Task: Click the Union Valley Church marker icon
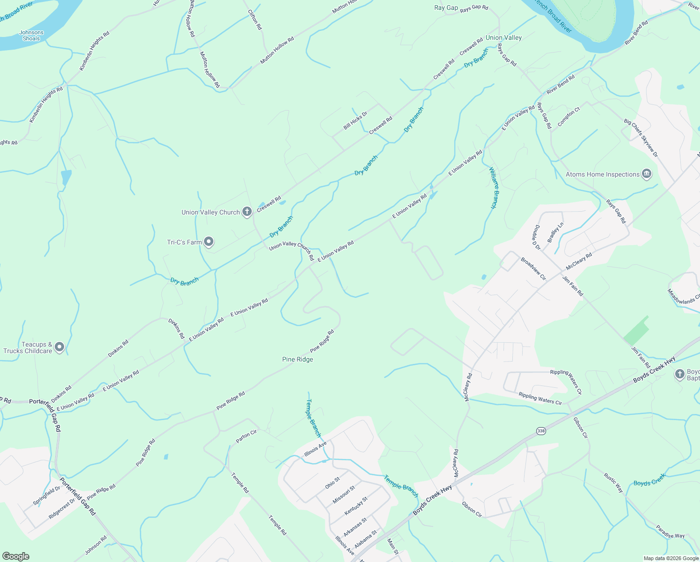[x=247, y=212]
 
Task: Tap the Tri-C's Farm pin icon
[x=209, y=242]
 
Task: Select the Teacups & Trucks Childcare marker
[x=59, y=347]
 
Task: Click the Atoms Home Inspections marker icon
[x=647, y=174]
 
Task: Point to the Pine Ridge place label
[x=298, y=359]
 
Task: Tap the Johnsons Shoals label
[x=31, y=36]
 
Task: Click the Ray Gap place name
[x=446, y=7]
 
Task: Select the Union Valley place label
[x=503, y=37]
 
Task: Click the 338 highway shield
[x=541, y=431]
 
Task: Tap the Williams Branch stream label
[x=494, y=187]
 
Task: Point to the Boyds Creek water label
[x=649, y=480]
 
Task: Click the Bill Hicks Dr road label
[x=356, y=120]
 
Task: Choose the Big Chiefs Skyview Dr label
[x=641, y=138]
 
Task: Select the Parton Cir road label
[x=246, y=436]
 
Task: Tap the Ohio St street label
[x=333, y=483]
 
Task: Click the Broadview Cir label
[x=533, y=268]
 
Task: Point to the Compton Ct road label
[x=569, y=117]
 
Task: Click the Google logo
[x=16, y=556]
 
